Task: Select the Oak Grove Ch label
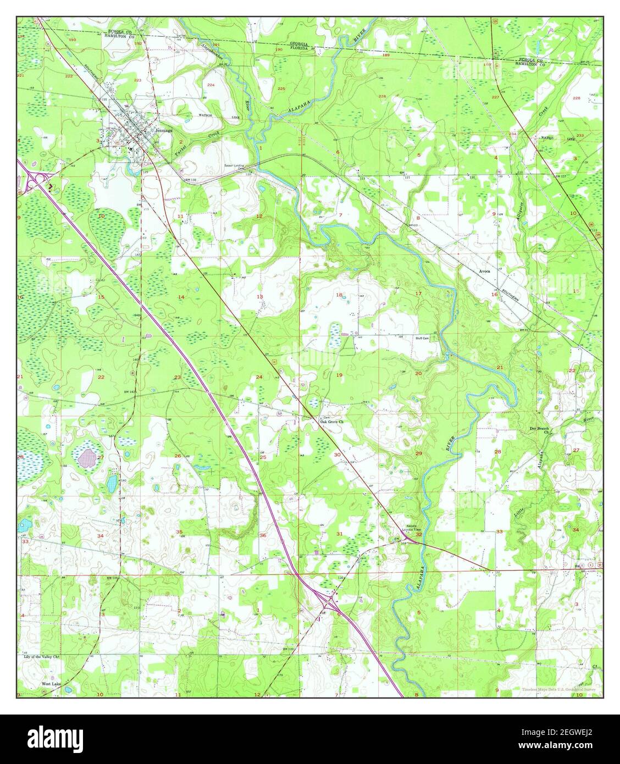[x=332, y=422]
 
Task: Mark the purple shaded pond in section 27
[x=86, y=457]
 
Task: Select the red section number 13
[x=260, y=297]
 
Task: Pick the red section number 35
[x=179, y=532]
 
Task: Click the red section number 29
[x=419, y=453]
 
